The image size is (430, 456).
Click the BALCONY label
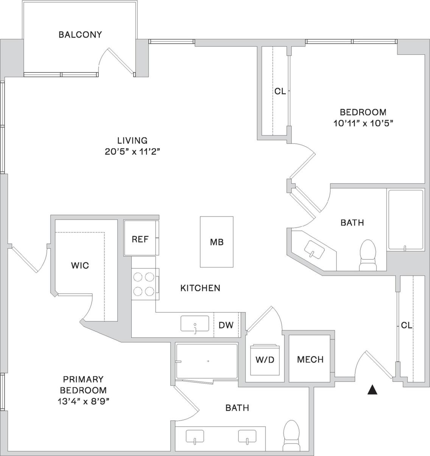click(80, 35)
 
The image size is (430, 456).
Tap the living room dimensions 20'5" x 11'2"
click(132, 152)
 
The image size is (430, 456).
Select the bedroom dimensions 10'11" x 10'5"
click(363, 123)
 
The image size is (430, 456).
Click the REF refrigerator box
click(140, 240)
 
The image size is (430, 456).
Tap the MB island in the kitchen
click(217, 242)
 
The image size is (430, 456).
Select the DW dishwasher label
click(226, 325)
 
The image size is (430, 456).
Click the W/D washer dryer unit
click(265, 359)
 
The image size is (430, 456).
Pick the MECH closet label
click(310, 359)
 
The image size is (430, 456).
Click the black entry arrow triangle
click(373, 390)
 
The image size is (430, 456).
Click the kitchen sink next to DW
click(195, 324)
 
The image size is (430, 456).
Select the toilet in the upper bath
click(368, 255)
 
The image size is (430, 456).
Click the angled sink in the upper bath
click(315, 249)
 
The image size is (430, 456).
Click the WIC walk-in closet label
click(80, 265)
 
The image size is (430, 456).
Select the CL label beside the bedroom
click(280, 91)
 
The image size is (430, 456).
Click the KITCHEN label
click(200, 288)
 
